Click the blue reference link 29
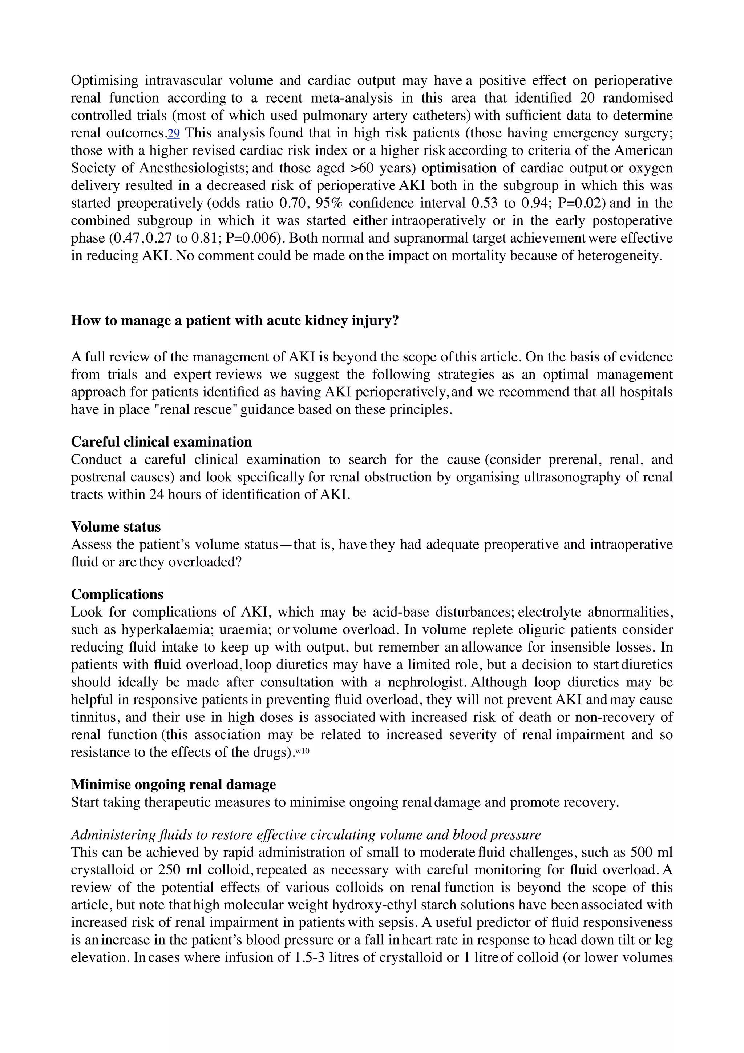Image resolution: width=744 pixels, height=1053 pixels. [174, 133]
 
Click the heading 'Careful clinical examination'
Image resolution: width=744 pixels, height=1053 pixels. [161, 442]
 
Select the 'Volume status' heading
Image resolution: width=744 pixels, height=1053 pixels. [116, 526]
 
